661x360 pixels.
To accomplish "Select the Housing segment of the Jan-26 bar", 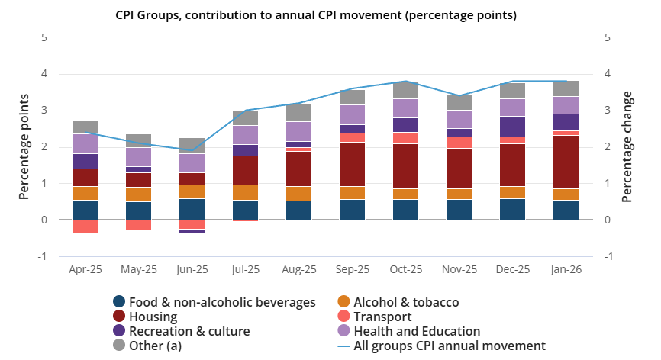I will tap(566, 162).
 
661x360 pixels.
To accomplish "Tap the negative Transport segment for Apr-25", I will tap(85, 227).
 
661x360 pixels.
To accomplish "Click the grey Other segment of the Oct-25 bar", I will tap(405, 90).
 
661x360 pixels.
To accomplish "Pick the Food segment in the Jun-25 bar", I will tap(192, 209).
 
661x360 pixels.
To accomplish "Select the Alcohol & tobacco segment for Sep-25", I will tap(352, 193).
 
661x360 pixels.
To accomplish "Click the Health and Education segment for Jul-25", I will tap(245, 135).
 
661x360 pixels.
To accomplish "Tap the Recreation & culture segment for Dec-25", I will tap(512, 127).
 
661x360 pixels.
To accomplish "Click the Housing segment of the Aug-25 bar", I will tap(298, 169).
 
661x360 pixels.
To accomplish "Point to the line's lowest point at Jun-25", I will tap(192, 150).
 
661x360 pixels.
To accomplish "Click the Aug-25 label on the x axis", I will tap(298, 269).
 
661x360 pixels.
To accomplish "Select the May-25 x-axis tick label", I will tap(138, 269).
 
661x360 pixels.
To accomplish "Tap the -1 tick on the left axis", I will tap(43, 256).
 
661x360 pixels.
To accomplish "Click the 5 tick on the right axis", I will tap(608, 37).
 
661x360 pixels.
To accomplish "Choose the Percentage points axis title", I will tap(24, 146).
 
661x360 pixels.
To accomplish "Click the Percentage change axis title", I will tap(627, 146).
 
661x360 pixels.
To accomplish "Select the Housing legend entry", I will tap(153, 317).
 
